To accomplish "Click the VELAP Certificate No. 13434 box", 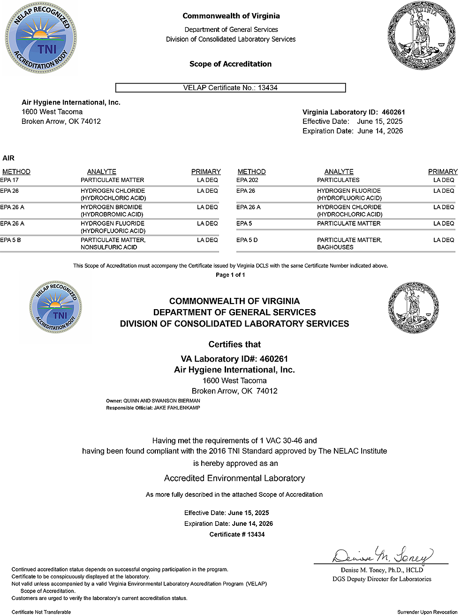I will click(x=230, y=88).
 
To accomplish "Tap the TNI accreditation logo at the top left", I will click(x=41, y=38).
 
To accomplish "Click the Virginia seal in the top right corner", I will click(x=422, y=37).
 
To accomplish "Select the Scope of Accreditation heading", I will click(x=230, y=64).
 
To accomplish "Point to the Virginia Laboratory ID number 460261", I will click(x=393, y=112).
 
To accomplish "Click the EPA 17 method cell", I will click(x=9, y=180).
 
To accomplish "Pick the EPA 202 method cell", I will click(x=247, y=180).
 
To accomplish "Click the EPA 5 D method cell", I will click(x=247, y=240).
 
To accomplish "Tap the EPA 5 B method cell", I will click(x=10, y=240).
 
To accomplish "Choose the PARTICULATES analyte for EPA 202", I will click(x=338, y=180).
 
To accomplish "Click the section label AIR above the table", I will click(x=8, y=158).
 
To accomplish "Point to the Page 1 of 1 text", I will click(x=230, y=275).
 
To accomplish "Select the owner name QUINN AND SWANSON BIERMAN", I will click(x=162, y=401).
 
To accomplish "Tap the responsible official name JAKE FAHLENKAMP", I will click(x=177, y=408).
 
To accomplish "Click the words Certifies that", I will click(x=234, y=344).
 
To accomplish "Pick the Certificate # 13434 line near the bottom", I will click(x=237, y=534).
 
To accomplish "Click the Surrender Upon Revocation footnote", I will click(x=427, y=612).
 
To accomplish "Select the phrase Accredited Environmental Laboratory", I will click(x=234, y=478).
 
